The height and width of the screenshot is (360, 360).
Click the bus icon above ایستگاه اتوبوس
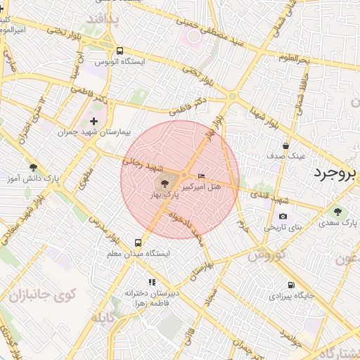(x=120, y=51)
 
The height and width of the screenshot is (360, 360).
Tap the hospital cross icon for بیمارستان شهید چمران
(x=94, y=122)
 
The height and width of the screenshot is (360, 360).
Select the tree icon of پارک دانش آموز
(x=33, y=167)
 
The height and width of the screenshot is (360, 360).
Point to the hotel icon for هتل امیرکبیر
(x=202, y=176)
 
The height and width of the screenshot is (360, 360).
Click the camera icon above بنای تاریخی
(x=283, y=217)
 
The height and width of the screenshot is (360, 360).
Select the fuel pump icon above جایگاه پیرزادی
(x=291, y=285)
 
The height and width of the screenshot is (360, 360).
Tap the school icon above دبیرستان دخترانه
(x=153, y=282)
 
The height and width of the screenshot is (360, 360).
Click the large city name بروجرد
(x=336, y=173)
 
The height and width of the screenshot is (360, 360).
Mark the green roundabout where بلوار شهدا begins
(x=231, y=96)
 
